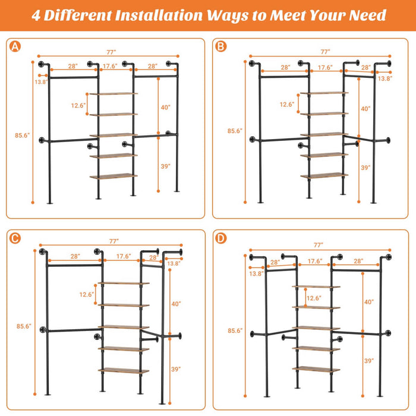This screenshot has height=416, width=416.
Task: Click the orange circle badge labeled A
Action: tap(15, 46)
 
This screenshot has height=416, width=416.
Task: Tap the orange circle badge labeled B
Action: tap(221, 46)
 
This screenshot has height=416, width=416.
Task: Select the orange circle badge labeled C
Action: tap(15, 238)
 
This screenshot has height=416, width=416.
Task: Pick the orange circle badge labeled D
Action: tap(221, 238)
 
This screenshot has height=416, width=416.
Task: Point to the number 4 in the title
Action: tap(36, 15)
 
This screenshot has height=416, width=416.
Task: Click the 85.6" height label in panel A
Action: tap(22, 135)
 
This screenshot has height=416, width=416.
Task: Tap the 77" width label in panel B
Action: tap(324, 52)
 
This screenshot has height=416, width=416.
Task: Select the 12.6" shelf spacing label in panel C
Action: tap(87, 294)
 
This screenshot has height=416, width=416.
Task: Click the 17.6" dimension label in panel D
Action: tap(314, 261)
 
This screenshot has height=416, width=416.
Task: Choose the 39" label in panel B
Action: tap(365, 168)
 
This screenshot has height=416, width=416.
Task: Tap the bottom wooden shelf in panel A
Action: tap(114, 176)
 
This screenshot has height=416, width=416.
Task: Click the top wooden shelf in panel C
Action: tap(124, 283)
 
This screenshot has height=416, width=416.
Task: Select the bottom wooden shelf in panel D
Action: tap(316, 368)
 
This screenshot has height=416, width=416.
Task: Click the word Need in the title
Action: tap(366, 15)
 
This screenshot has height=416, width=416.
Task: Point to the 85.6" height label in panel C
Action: tap(23, 326)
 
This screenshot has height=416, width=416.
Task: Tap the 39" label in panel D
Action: tap(368, 360)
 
